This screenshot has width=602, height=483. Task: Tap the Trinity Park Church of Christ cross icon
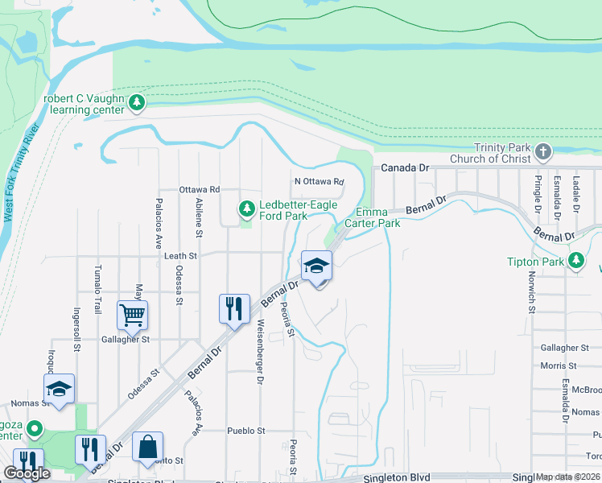(x=544, y=151)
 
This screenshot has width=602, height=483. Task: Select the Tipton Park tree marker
(x=576, y=261)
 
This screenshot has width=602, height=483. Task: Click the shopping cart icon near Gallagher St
(x=132, y=315)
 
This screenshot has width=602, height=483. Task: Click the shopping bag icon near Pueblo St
(x=148, y=447)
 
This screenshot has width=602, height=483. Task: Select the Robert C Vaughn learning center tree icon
(x=137, y=102)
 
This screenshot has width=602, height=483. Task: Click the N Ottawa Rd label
(x=319, y=182)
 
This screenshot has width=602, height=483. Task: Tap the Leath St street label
(x=180, y=255)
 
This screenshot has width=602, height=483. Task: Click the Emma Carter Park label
(x=372, y=217)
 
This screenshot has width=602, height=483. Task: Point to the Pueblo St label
(x=245, y=431)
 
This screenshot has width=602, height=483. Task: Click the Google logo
(x=27, y=473)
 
